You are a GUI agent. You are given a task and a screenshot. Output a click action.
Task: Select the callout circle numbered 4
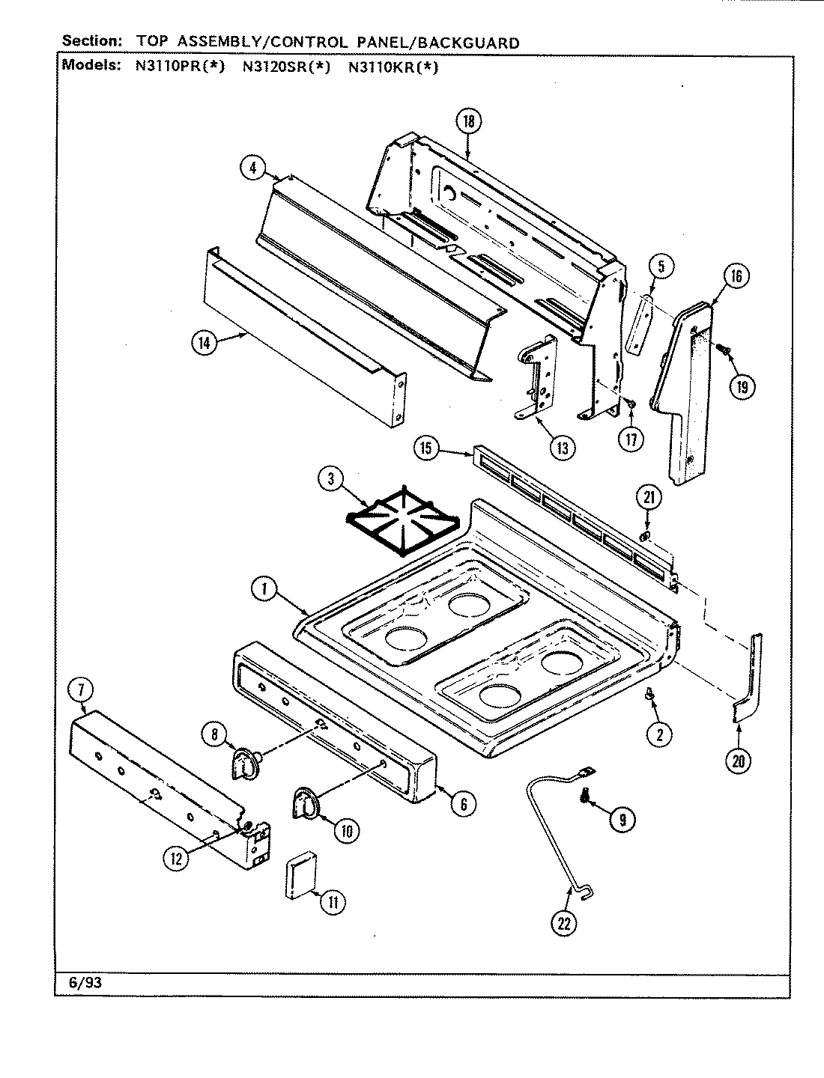point(253,168)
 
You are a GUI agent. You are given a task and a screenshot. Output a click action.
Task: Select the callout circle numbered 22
point(563,924)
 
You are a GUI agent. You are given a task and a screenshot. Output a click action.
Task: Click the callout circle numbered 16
point(736,276)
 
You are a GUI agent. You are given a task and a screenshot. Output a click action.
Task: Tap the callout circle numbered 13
point(562,448)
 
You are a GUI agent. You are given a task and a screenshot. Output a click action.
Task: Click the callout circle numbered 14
point(203,343)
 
